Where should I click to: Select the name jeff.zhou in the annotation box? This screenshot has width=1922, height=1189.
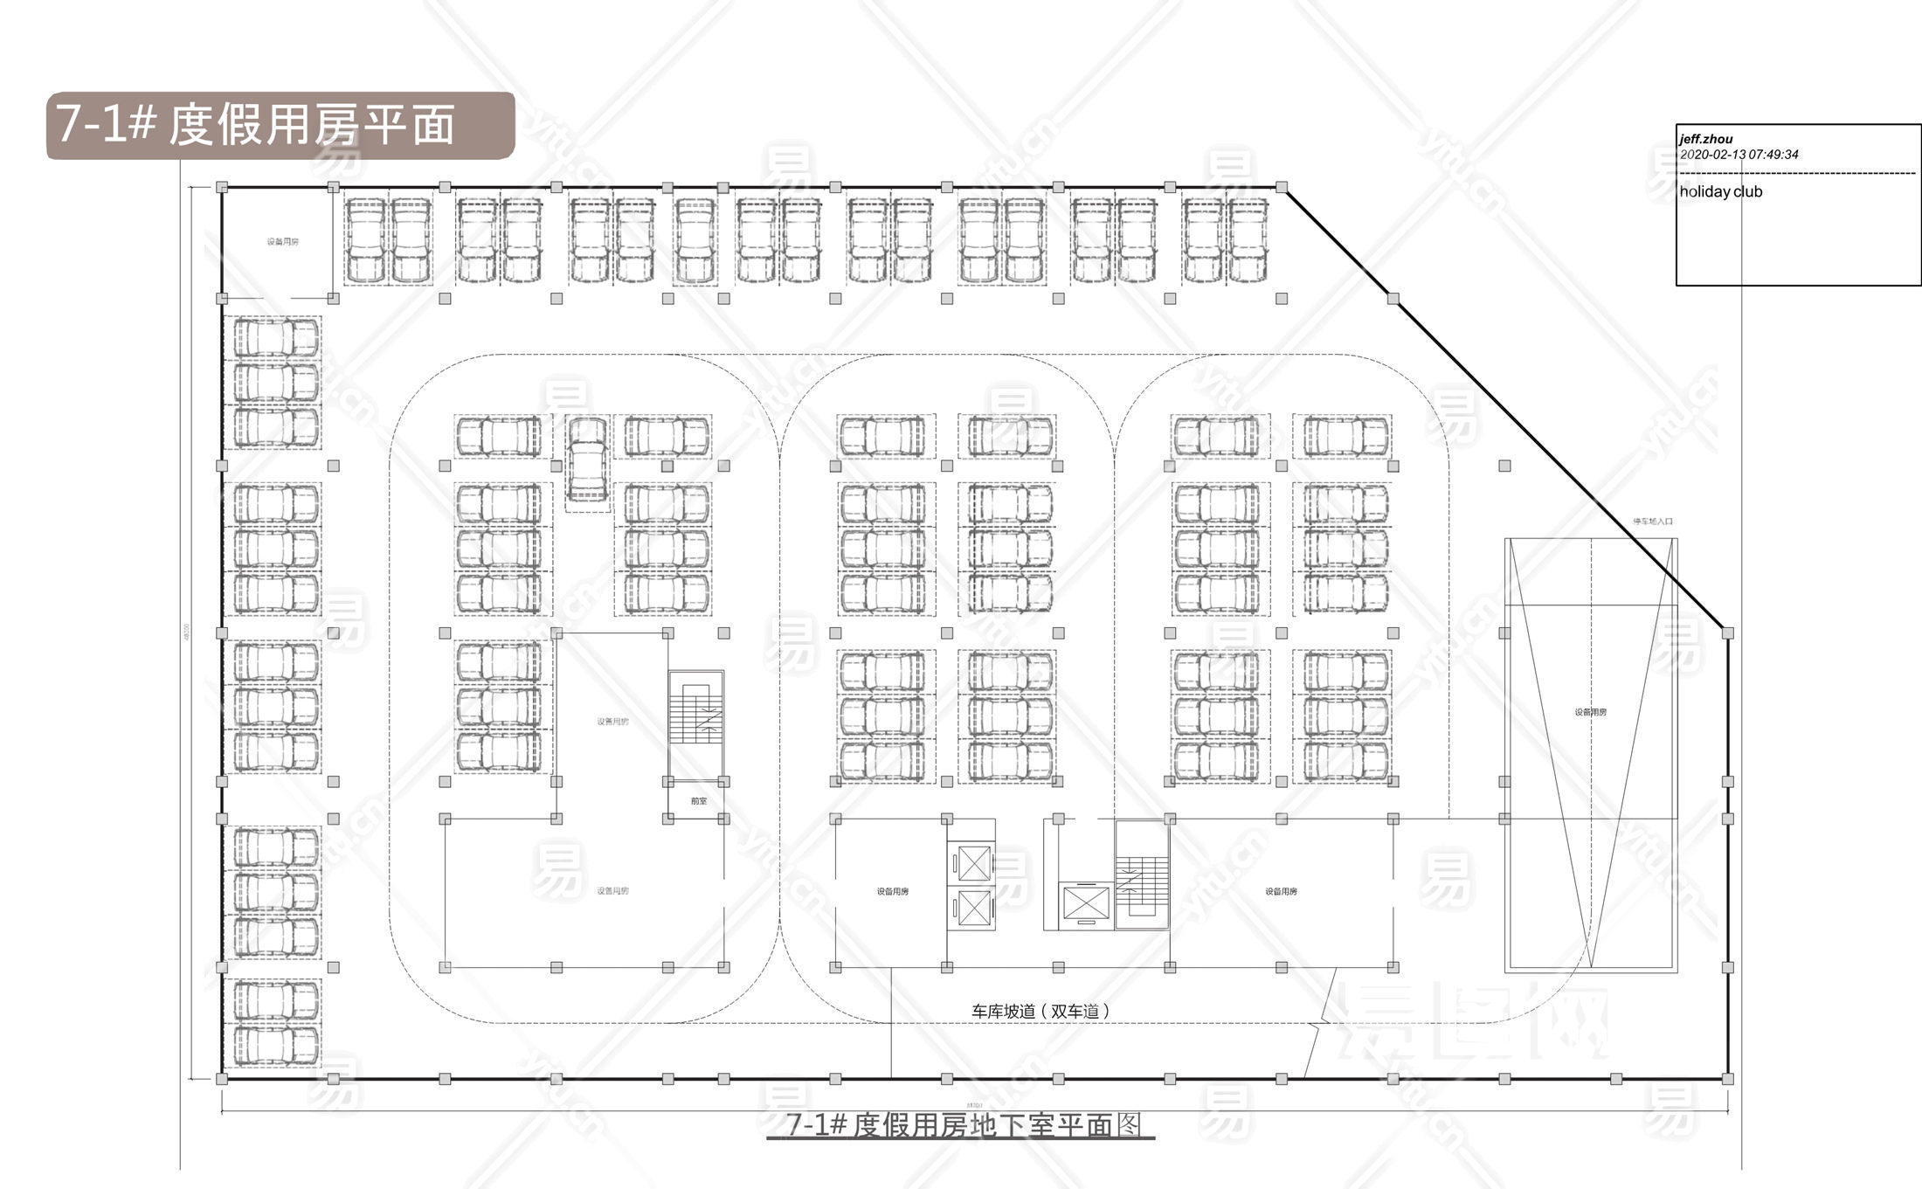(1706, 139)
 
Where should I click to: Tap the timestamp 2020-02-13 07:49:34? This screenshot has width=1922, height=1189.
(1739, 155)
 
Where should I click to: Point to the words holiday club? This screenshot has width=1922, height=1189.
(1721, 192)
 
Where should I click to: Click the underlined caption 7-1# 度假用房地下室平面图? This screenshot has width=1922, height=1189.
(961, 1125)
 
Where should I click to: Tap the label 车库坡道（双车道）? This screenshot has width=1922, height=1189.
(1041, 1011)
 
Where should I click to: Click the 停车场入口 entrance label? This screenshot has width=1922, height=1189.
(1653, 522)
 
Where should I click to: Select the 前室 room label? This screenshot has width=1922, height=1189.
(699, 801)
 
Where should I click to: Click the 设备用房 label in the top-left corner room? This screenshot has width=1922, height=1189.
(282, 242)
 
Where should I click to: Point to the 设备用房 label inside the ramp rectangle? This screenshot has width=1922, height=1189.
(1590, 712)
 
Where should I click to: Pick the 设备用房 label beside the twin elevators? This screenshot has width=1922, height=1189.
(893, 891)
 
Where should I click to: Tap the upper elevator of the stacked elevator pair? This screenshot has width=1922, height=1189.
(973, 864)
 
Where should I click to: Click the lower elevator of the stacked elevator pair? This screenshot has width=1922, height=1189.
(973, 907)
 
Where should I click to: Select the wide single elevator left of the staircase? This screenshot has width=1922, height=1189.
(1085, 903)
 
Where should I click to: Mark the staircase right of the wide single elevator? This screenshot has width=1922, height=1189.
(1141, 874)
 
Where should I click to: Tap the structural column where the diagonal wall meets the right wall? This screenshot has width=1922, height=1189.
(1727, 633)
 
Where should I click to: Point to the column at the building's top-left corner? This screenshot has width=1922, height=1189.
(222, 187)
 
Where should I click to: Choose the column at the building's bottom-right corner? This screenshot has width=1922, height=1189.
(1727, 1080)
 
